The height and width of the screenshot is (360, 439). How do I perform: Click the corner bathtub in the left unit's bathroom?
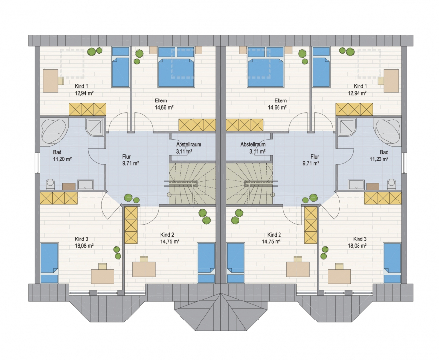[x=55, y=132]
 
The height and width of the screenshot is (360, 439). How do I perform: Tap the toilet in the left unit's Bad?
[x=50, y=183]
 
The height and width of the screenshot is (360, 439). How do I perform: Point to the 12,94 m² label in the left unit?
[x=84, y=93]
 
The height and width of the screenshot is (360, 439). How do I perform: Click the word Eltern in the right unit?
[x=280, y=100]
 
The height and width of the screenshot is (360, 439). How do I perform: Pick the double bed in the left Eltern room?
[x=176, y=67]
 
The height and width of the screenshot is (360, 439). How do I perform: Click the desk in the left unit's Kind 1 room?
[x=51, y=80]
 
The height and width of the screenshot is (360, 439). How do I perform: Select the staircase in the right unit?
[x=249, y=183]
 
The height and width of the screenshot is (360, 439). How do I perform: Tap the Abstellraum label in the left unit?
[x=188, y=145]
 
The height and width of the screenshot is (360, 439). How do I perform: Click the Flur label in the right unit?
[x=315, y=157]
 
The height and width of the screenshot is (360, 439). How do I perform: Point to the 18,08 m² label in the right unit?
[x=357, y=246]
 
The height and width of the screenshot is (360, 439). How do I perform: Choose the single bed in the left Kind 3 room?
[x=50, y=263]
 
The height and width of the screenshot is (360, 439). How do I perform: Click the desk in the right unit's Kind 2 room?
[x=298, y=269]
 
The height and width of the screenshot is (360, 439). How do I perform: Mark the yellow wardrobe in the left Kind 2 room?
[x=131, y=225]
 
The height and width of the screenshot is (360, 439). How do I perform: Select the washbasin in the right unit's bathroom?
[x=356, y=185]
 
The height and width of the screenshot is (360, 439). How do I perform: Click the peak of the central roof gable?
[x=220, y=293]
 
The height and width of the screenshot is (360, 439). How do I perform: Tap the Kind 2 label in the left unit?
[x=167, y=235]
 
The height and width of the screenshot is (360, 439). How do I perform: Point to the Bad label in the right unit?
[x=384, y=152]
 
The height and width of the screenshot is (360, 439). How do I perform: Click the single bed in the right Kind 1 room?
[x=321, y=67]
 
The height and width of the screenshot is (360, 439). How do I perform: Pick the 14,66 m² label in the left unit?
[x=164, y=107]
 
